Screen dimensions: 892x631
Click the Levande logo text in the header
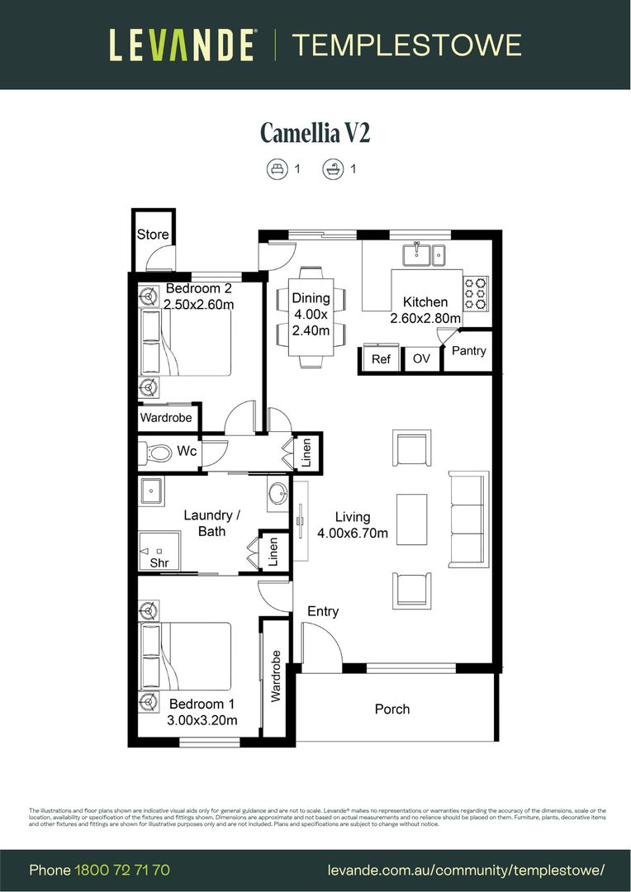[x=182, y=45]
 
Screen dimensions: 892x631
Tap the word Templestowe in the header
[x=407, y=45]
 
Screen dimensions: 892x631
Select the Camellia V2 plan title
[x=315, y=132]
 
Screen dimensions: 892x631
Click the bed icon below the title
[x=275, y=169]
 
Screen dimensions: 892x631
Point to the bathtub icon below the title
[x=332, y=169]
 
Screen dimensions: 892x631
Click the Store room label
[x=153, y=235]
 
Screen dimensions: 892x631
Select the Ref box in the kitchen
[x=381, y=359]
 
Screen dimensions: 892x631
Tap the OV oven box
[x=421, y=359]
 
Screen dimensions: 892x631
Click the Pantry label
[x=469, y=351]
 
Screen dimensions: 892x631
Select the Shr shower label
[x=159, y=562]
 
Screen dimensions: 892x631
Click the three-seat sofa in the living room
[x=468, y=519]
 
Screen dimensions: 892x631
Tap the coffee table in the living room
[x=411, y=520]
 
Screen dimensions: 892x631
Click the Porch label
[x=392, y=709]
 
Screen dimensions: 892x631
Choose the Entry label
[x=323, y=611]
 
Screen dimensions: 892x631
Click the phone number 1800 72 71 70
[x=122, y=871]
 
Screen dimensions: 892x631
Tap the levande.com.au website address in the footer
[x=466, y=871]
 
